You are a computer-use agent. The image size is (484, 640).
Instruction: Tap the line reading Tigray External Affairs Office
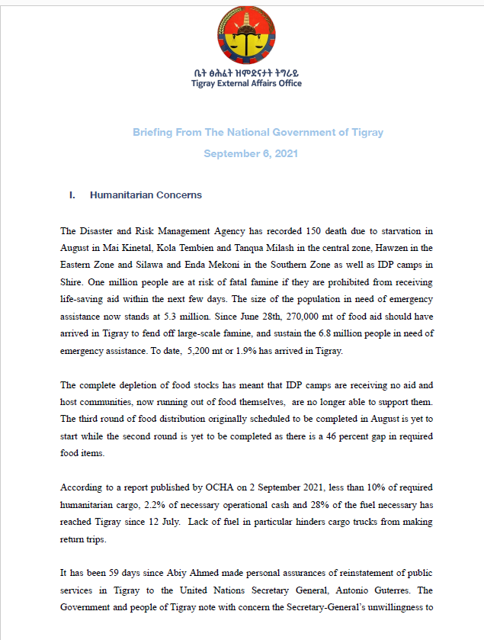tap(246, 83)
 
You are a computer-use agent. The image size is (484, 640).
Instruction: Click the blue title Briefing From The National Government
tap(258, 132)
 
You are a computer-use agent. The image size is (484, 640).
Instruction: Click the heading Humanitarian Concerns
tap(146, 195)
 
